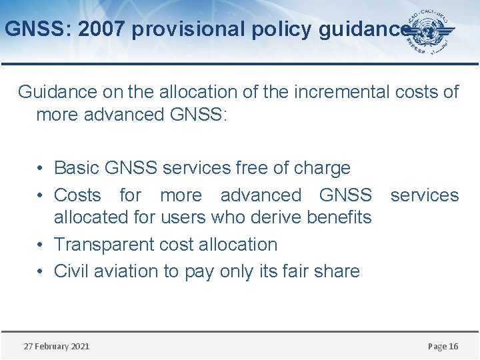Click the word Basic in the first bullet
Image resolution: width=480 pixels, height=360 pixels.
(x=76, y=168)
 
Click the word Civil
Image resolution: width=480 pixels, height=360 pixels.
(x=71, y=271)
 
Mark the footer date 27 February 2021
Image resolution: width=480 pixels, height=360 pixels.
(x=57, y=346)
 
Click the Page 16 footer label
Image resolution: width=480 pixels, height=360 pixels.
(x=443, y=346)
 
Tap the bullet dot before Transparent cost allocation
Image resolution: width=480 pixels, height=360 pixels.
(x=41, y=245)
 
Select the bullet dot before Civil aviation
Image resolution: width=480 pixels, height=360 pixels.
(x=41, y=272)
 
